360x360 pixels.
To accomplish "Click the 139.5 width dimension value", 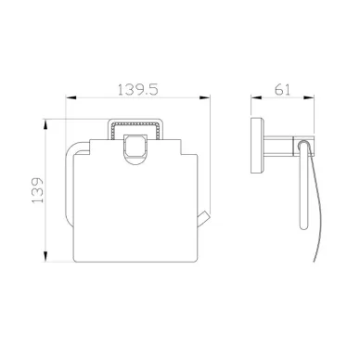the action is coord(138,89).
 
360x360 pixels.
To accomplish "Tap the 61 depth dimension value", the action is coord(283,89).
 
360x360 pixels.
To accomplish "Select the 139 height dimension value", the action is coord(38,190).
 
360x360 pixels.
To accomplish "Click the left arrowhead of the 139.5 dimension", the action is coord(71,97).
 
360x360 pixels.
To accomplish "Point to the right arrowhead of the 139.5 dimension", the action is coord(205,97).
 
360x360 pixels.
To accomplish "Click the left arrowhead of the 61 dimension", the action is coord(256,97).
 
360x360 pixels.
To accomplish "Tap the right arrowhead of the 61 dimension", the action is coord(309,97).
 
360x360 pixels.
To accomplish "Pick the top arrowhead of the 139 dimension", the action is coord(45,124).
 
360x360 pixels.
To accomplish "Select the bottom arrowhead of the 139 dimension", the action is coord(45,257).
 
